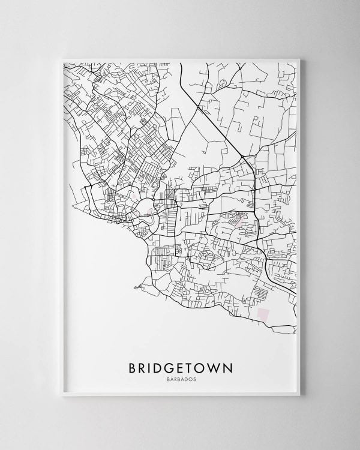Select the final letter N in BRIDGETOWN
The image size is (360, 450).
pos(230,367)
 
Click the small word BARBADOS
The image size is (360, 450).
pos(181,379)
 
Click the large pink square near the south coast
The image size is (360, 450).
pos(263,313)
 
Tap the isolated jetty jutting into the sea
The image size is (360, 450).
pos(138,287)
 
